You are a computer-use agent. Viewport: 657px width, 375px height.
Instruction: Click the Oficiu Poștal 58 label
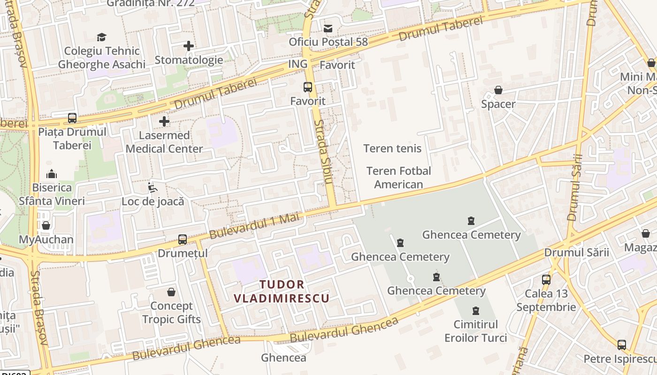[x=328, y=42]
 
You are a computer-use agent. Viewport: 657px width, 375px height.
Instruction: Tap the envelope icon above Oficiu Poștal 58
[x=328, y=29]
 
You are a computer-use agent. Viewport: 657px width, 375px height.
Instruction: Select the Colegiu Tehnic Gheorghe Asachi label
[x=102, y=58]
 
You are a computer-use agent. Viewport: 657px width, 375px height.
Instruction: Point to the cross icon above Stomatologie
[x=189, y=46]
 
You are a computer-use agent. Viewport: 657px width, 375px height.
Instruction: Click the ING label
[x=298, y=64]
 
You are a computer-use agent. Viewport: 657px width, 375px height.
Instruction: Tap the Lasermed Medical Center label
[x=164, y=142]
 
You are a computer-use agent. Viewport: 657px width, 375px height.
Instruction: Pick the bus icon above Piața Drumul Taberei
[x=72, y=118]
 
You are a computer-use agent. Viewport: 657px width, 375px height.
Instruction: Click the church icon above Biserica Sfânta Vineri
[x=52, y=174]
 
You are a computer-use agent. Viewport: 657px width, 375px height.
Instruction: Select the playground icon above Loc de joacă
[x=153, y=188]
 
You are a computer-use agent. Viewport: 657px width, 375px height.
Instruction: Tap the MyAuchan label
[x=46, y=240]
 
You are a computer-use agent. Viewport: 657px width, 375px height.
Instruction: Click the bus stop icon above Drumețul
[x=183, y=240]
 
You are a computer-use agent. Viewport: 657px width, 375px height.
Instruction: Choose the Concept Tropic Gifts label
[x=171, y=313]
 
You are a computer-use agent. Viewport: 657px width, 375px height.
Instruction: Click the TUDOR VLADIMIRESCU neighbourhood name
[x=282, y=291]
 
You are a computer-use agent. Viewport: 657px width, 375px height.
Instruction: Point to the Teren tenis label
[x=392, y=149]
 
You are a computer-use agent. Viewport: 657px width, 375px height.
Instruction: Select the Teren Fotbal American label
[x=398, y=178]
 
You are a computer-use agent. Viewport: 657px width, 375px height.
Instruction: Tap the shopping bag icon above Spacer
[x=498, y=90]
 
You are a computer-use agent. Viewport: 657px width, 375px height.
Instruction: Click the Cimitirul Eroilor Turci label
[x=476, y=331]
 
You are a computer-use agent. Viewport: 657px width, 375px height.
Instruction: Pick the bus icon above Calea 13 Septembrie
[x=546, y=280]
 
